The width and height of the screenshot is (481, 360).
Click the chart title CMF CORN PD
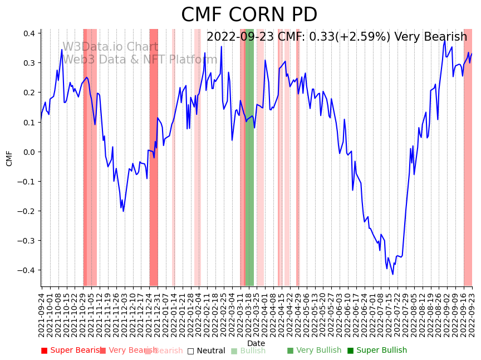point(249,15)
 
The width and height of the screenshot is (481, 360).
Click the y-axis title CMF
point(9,158)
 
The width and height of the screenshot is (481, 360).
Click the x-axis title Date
point(256,343)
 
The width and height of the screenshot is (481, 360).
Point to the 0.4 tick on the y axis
point(30,33)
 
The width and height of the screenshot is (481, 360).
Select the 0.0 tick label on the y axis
point(30,152)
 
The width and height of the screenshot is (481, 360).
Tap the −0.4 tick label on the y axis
point(27,270)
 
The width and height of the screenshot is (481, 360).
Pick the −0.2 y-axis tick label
point(27,211)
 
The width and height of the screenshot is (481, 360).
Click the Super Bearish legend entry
point(71,351)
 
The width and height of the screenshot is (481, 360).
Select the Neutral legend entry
point(206,351)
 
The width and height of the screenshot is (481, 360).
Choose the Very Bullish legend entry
point(314,351)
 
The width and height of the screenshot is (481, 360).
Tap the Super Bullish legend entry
point(377,351)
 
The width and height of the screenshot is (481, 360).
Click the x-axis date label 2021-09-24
point(42,315)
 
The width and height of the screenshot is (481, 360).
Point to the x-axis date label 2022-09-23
point(473,315)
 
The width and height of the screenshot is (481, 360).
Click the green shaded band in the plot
point(250,156)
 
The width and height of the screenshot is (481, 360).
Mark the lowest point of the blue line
point(392,274)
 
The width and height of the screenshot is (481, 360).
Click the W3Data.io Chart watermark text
point(110,47)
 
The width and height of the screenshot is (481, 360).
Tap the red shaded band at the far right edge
point(468,156)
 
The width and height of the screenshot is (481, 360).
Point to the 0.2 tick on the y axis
point(30,93)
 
